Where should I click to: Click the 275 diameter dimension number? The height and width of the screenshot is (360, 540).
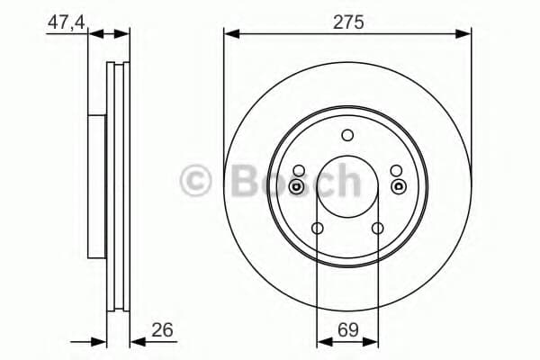(x=348, y=22)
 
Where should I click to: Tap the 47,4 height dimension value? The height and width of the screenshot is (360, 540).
(x=66, y=23)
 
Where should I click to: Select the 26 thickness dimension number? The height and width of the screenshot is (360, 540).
(x=162, y=330)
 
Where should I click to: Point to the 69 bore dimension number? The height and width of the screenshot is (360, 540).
(x=347, y=330)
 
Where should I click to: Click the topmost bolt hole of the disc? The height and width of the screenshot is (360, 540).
(x=347, y=135)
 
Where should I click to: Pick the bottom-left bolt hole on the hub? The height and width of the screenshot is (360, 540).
(x=317, y=228)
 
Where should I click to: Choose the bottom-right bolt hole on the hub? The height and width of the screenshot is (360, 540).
(x=378, y=228)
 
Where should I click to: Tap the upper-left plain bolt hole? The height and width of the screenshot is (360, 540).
(x=299, y=170)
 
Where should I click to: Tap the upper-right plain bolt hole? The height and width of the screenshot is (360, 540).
(x=396, y=170)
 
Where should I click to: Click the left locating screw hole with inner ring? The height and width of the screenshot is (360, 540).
(x=296, y=186)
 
